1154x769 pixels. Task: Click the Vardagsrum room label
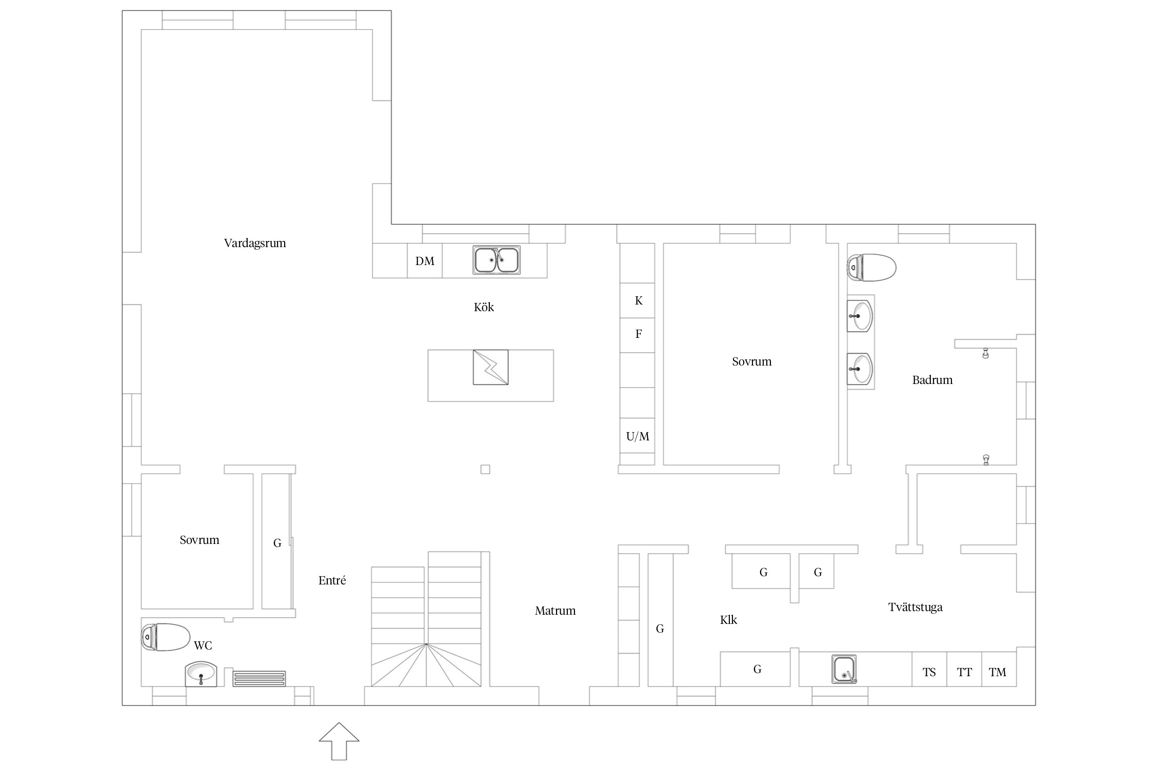pyautogui.click(x=255, y=243)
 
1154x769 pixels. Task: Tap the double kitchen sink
pyautogui.click(x=496, y=260)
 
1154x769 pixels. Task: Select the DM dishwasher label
pyautogui.click(x=425, y=261)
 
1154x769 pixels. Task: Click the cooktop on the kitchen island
pyautogui.click(x=491, y=367)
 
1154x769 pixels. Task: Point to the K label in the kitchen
pyautogui.click(x=639, y=301)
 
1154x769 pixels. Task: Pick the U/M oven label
pyautogui.click(x=638, y=437)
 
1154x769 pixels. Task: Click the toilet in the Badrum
pyautogui.click(x=871, y=268)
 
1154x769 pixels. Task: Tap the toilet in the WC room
pyautogui.click(x=166, y=637)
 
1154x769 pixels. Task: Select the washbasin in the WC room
pyautogui.click(x=201, y=674)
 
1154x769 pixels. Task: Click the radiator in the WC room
pyautogui.click(x=259, y=679)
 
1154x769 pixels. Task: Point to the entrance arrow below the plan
pyautogui.click(x=339, y=741)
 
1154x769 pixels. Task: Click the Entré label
pyautogui.click(x=332, y=580)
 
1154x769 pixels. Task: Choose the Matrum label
pyautogui.click(x=555, y=611)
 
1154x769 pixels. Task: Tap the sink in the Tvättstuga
pyautogui.click(x=844, y=670)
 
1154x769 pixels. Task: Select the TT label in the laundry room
pyautogui.click(x=964, y=673)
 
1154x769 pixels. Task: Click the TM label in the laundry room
pyautogui.click(x=998, y=673)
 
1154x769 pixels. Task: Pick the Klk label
pyautogui.click(x=728, y=620)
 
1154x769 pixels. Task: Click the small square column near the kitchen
pyautogui.click(x=485, y=469)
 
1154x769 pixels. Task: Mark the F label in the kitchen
pyautogui.click(x=639, y=334)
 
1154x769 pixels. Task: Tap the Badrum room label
pyautogui.click(x=932, y=380)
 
